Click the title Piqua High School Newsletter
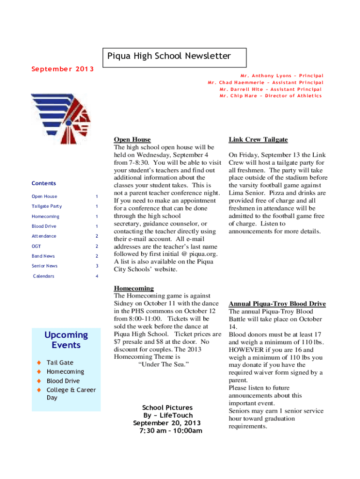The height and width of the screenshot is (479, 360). point(169,57)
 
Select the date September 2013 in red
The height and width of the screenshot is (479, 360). point(62,70)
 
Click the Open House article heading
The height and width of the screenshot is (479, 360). point(132,139)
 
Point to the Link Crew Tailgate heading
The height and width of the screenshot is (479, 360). point(258,139)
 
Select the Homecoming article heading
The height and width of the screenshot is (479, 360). point(134,288)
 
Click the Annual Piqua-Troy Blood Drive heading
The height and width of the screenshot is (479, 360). point(277,304)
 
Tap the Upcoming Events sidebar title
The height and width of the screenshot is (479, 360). point(66,340)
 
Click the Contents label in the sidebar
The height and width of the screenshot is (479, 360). point(43,183)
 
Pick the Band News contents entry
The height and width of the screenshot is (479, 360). point(43,256)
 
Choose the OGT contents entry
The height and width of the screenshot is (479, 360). point(36,246)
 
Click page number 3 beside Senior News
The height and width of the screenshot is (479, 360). point(97,266)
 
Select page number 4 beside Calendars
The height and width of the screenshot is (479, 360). point(97,276)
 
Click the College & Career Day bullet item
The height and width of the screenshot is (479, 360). point(71,394)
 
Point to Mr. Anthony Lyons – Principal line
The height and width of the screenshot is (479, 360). point(281,76)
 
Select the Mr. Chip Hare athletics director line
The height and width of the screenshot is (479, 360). point(271,96)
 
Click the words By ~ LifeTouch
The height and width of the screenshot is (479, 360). point(168,415)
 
